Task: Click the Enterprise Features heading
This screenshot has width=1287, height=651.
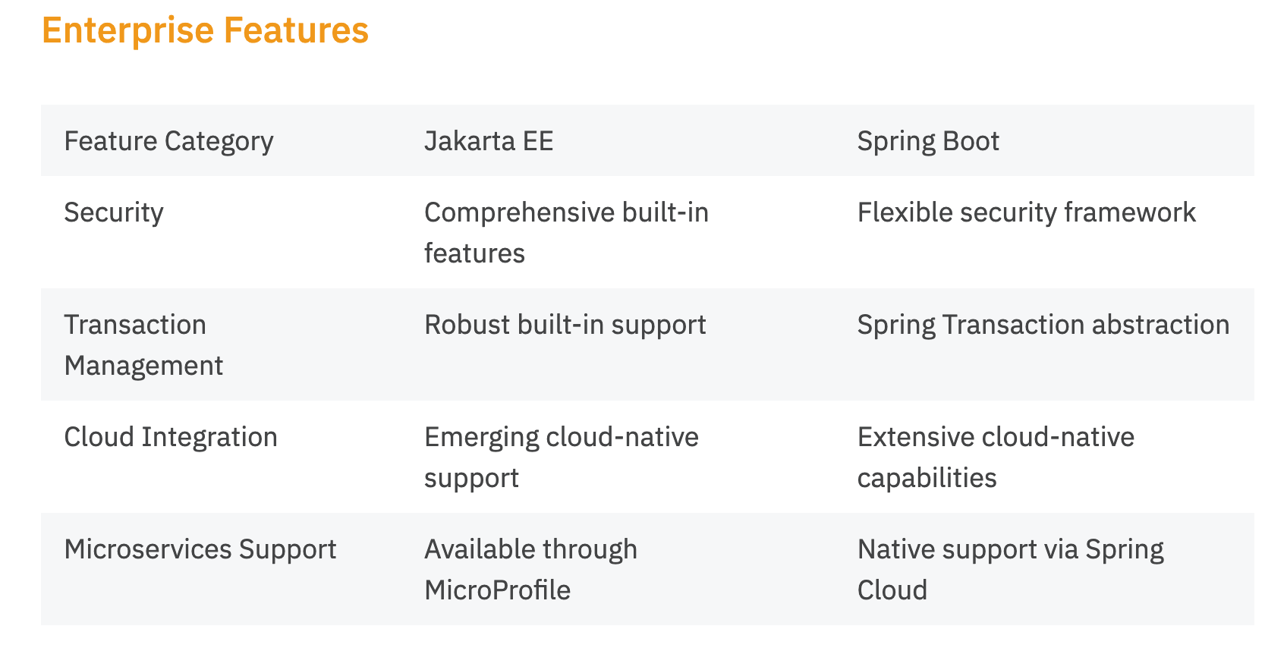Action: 205,30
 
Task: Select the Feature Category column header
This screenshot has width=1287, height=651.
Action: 168,141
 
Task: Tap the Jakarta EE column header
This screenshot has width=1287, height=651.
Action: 489,141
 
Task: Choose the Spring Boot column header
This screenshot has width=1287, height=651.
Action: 927,141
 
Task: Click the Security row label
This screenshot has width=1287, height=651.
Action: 114,212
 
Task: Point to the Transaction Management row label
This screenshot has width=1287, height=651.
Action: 143,344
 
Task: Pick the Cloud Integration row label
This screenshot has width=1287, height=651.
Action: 171,437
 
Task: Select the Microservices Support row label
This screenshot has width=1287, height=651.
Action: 200,549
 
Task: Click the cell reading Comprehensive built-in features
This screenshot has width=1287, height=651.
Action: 566,232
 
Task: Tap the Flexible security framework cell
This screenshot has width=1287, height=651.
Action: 1026,212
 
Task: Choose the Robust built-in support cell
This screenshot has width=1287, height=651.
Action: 565,325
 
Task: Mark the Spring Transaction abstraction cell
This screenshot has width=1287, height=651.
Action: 1043,325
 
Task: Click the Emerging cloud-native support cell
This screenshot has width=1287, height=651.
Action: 561,457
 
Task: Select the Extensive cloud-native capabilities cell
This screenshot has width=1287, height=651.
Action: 995,457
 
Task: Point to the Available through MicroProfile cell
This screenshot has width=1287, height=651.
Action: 530,569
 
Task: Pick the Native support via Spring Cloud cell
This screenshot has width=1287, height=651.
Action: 1010,569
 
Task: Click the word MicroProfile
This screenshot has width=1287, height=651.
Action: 497,590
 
